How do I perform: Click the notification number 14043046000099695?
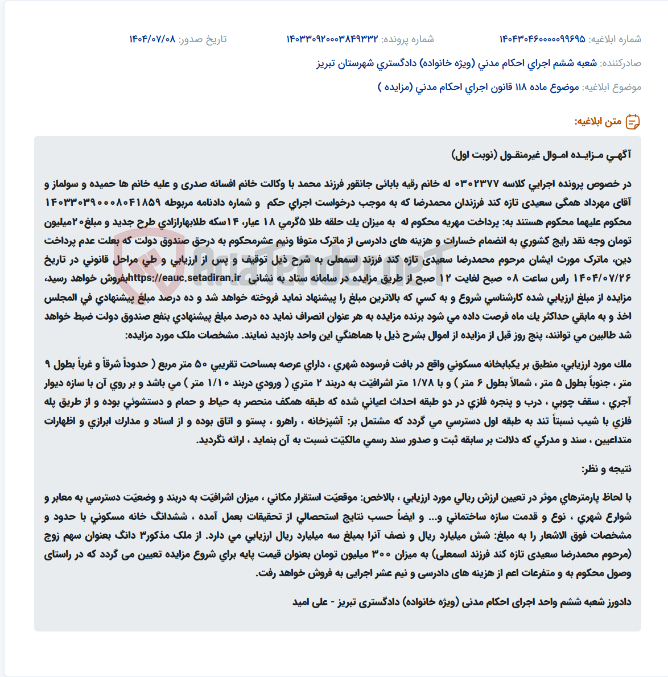click(x=542, y=39)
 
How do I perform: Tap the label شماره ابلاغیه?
click(x=615, y=39)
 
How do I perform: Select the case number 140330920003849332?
click(x=332, y=39)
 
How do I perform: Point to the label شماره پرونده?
click(x=407, y=39)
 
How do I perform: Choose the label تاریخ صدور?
click(x=203, y=39)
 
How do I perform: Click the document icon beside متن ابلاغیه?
click(x=633, y=122)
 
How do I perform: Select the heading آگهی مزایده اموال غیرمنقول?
click(x=541, y=155)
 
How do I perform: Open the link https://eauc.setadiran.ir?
click(x=184, y=278)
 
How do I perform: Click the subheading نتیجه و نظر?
click(x=607, y=469)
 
